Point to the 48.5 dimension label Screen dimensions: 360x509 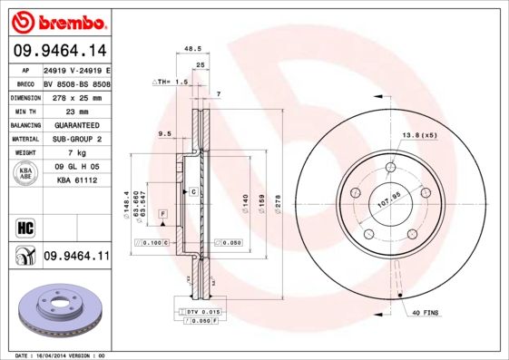click(192, 49)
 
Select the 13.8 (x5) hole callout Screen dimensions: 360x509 click(419, 135)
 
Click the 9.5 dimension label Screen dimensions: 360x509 click(164, 133)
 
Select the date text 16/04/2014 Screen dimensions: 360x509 click(54, 355)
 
